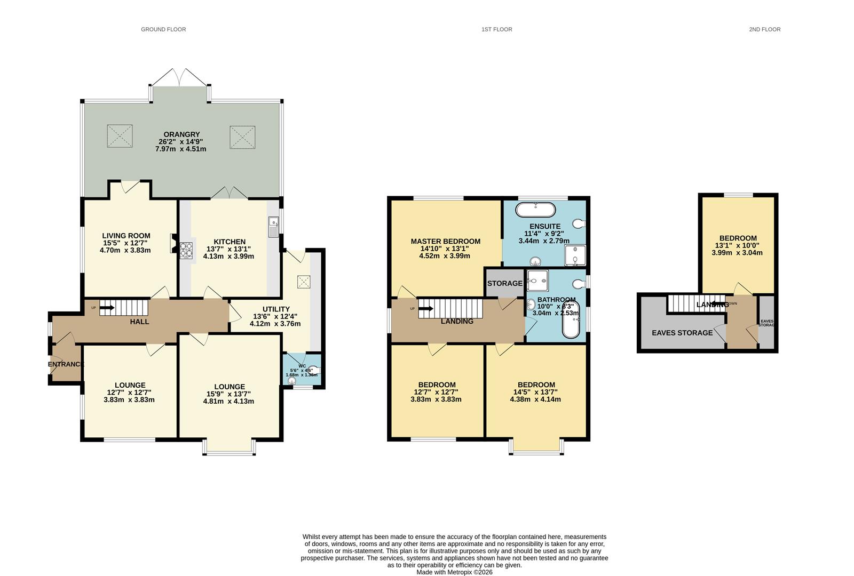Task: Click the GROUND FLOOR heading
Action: (163, 29)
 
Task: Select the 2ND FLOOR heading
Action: (764, 29)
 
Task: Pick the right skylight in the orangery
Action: (242, 137)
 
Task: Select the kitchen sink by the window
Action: (273, 227)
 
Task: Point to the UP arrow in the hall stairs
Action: (107, 307)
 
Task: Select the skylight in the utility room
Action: (304, 282)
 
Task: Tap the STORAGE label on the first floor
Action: (504, 283)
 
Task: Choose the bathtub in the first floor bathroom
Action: (571, 319)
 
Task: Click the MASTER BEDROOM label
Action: (445, 241)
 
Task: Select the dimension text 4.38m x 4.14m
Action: (535, 399)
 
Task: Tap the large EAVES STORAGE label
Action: (682, 333)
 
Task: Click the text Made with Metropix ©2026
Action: (454, 572)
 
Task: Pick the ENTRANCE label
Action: (66, 364)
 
